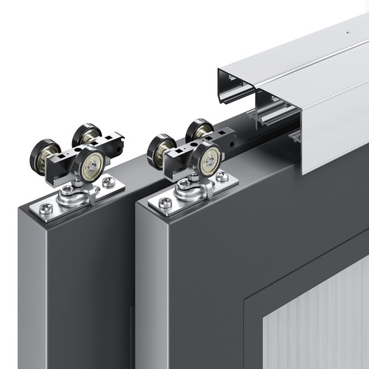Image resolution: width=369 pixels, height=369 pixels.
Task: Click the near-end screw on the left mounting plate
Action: [x=46, y=210]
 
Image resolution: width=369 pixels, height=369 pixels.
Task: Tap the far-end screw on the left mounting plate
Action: [x=108, y=182]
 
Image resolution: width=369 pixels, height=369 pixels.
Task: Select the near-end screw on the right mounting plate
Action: [x=165, y=203]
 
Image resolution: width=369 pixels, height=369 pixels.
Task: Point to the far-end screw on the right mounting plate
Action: [x=222, y=176]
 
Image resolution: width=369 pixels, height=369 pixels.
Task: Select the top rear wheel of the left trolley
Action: [x=85, y=134]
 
